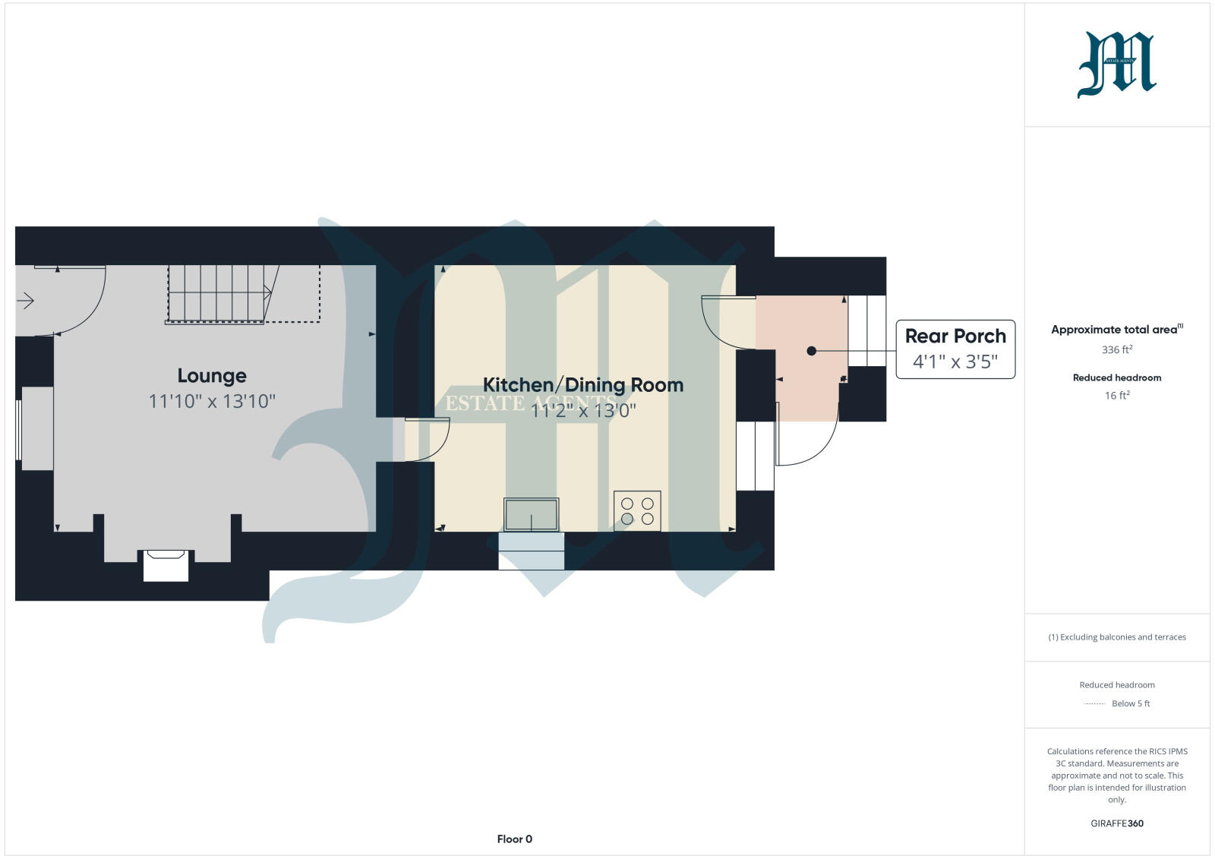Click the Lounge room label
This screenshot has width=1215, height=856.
(212, 376)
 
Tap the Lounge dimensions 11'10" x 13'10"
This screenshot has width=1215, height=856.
(212, 401)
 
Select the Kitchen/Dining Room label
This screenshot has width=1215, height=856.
(583, 385)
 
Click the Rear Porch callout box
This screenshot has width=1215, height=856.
(955, 349)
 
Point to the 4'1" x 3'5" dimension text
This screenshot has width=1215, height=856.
(955, 362)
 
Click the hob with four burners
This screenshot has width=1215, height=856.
(637, 510)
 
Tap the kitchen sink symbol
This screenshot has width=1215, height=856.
(531, 514)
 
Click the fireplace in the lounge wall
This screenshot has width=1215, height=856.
(166, 565)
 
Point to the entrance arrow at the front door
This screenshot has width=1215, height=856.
(25, 302)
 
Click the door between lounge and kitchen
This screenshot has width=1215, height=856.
(427, 439)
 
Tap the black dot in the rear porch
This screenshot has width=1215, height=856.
(811, 351)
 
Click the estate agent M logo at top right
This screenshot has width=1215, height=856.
(1116, 65)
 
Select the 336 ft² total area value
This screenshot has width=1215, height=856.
(1117, 350)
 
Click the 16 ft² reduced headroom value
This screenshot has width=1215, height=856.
(1117, 396)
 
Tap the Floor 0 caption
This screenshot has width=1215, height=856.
(515, 839)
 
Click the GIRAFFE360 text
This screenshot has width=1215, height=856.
(1117, 823)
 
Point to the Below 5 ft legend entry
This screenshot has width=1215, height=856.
(1130, 704)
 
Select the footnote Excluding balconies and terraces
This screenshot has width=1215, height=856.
(1117, 637)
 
